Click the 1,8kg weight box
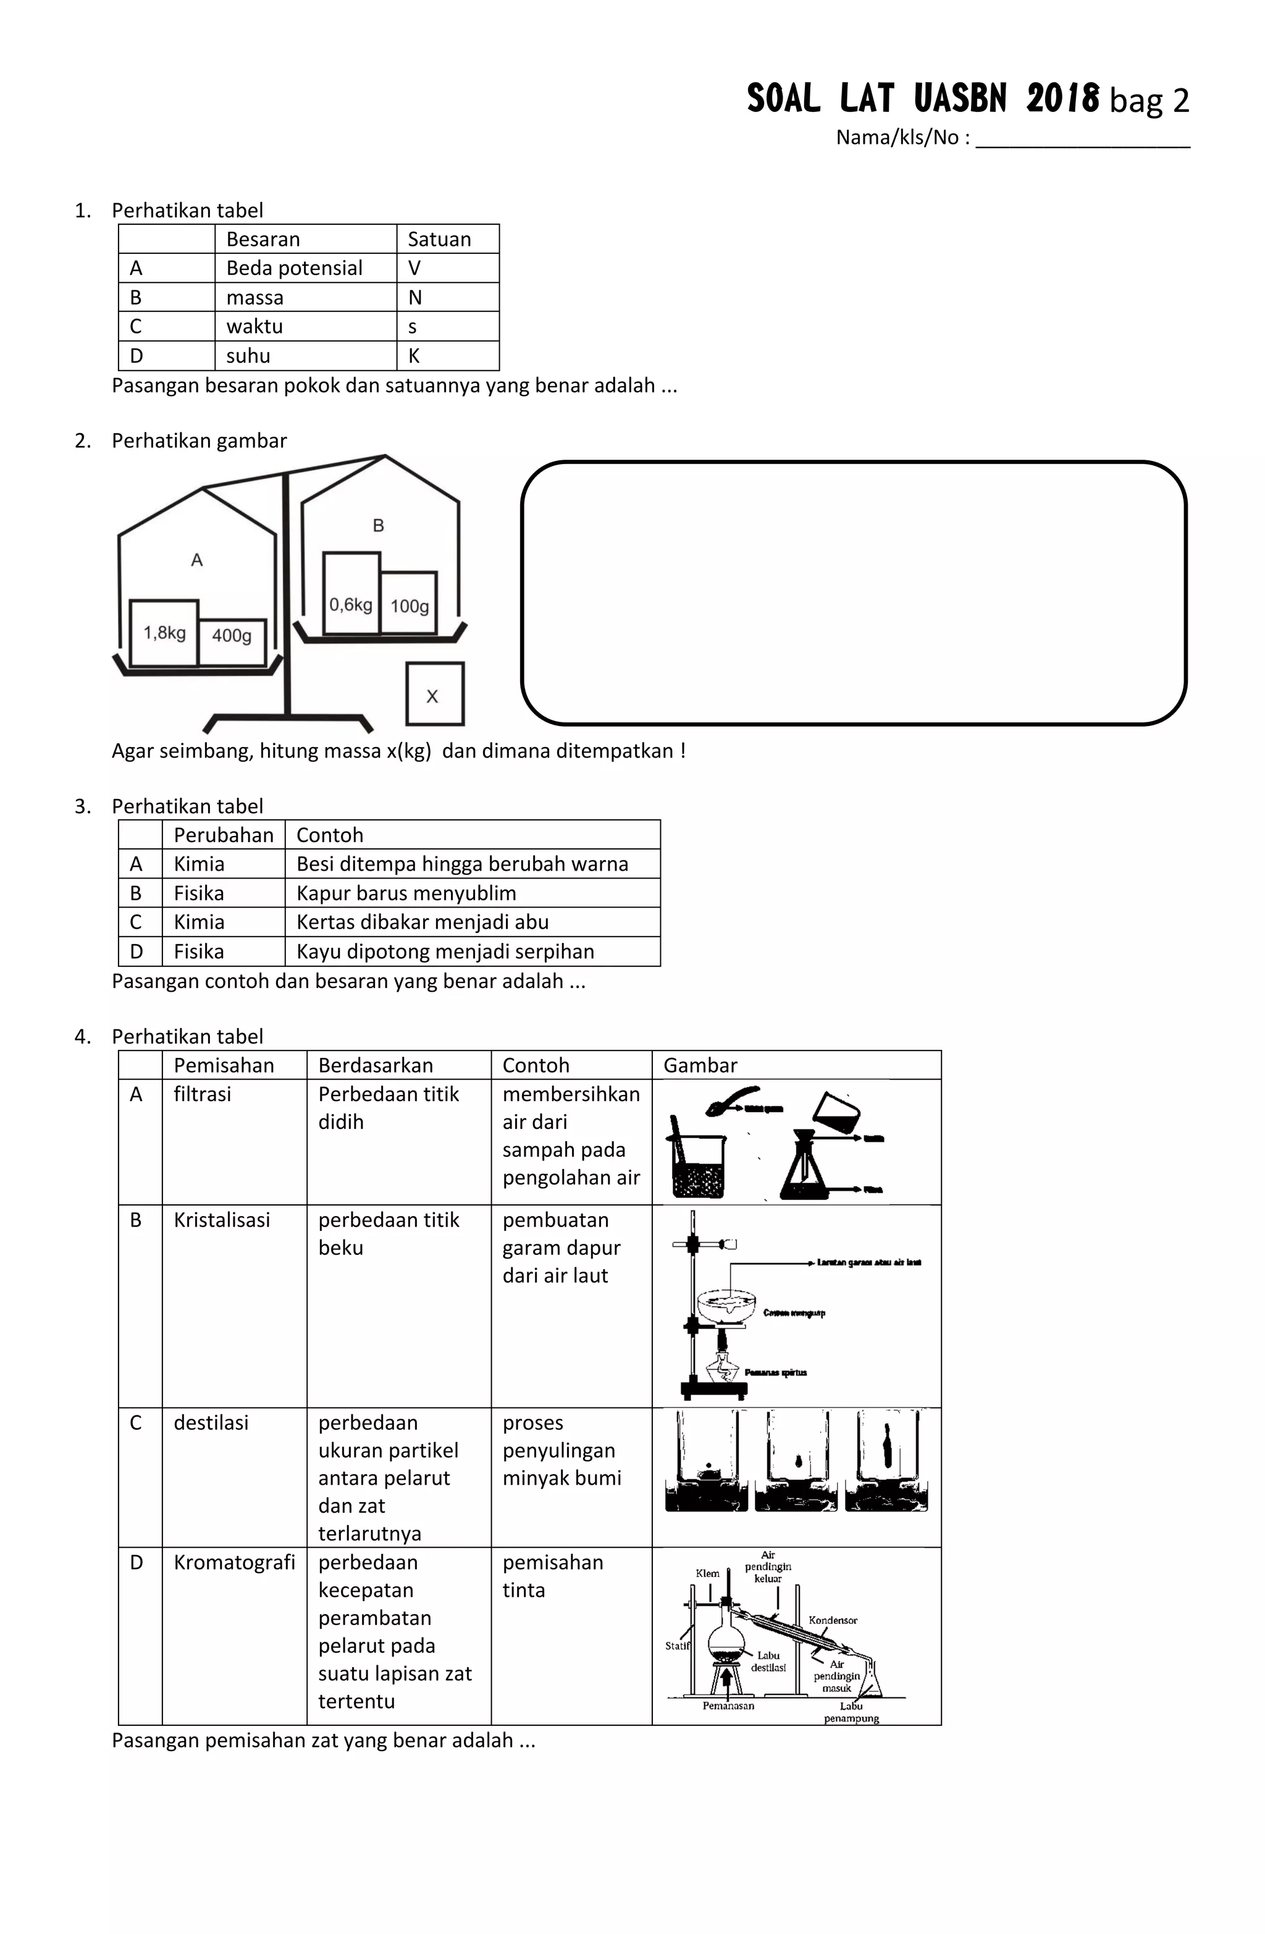click(164, 632)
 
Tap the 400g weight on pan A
click(232, 635)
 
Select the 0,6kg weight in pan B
click(351, 594)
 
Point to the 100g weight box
click(409, 604)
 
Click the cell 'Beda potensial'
click(294, 268)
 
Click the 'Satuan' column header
click(439, 239)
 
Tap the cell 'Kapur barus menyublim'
click(406, 893)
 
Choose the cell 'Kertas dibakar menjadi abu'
click(422, 923)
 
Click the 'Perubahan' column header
click(224, 835)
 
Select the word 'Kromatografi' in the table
click(234, 1562)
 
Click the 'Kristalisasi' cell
click(222, 1220)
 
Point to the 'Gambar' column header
click(700, 1065)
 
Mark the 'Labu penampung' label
click(851, 1712)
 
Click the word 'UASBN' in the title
click(959, 99)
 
